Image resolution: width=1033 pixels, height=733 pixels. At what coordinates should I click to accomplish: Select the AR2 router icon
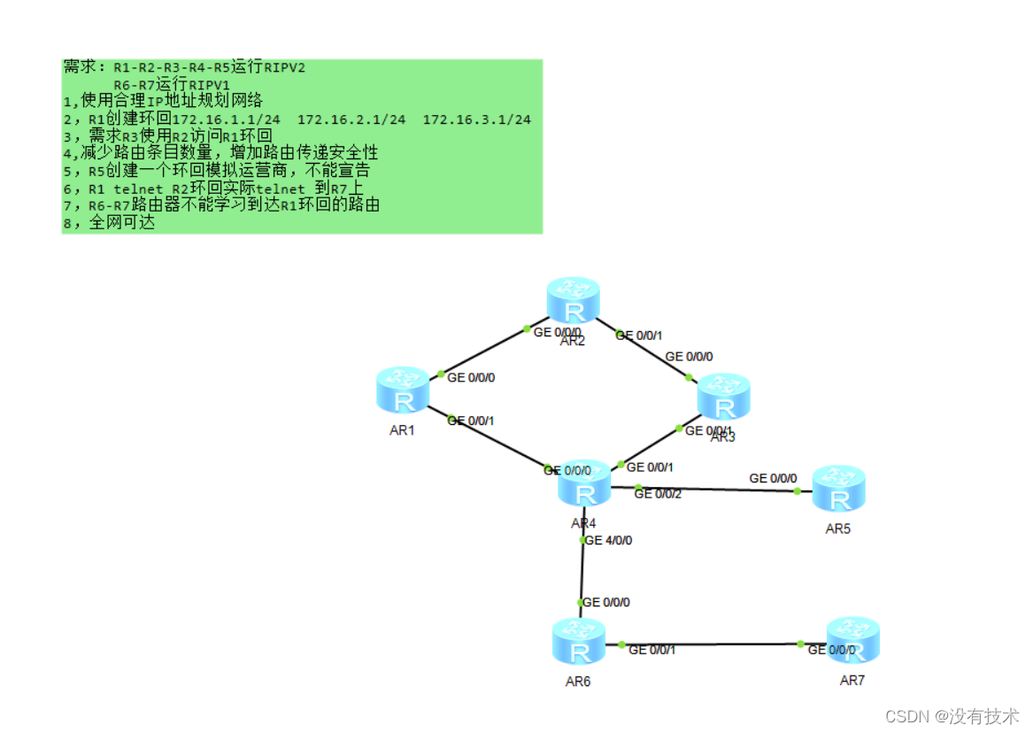[x=573, y=301]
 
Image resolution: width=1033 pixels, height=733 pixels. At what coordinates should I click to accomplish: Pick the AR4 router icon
[x=584, y=484]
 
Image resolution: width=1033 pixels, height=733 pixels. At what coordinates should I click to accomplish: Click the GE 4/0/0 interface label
[x=609, y=540]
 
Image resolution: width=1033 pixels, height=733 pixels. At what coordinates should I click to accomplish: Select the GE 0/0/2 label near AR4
[x=658, y=494]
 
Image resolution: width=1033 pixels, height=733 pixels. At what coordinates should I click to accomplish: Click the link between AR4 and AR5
[x=717, y=489]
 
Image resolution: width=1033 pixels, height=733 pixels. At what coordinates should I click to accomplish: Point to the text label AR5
[x=837, y=529]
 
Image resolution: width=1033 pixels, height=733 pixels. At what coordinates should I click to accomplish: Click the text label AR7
[x=852, y=681]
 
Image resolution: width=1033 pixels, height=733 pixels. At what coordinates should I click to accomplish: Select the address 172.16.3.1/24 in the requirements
[x=477, y=120]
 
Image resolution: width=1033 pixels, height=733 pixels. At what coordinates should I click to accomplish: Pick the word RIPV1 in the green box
[x=211, y=84]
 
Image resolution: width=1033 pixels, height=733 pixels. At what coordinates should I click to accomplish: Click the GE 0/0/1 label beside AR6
[x=652, y=650]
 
